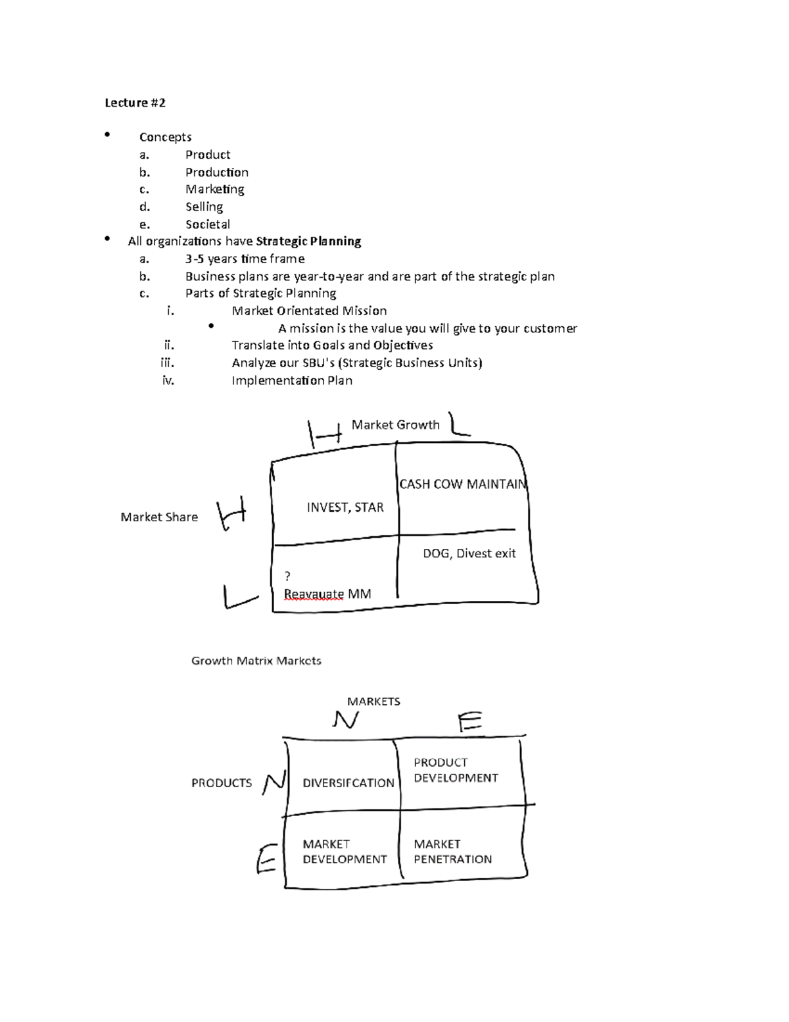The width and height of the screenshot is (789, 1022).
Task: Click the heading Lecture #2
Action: coord(135,103)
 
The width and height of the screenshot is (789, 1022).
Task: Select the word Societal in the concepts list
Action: coord(207,224)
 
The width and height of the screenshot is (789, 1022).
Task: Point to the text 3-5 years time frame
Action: coord(245,259)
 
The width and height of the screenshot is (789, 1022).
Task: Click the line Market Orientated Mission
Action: coord(309,311)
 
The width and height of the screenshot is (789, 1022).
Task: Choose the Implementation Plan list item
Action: coord(292,380)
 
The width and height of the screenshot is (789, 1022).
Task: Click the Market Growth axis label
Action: coord(395,425)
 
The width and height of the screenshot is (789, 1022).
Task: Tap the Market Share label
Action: coord(159,517)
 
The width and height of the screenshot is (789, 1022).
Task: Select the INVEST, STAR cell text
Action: coord(345,507)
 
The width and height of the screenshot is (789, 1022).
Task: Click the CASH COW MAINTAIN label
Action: coord(463,484)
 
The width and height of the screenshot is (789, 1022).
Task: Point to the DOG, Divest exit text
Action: coord(469,553)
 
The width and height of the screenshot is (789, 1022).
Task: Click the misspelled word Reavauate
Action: coord(314,594)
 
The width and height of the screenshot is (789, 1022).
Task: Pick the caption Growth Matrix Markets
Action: coord(256,661)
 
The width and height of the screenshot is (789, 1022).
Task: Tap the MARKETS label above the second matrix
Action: coord(373,702)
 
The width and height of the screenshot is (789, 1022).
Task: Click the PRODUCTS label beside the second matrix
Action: coord(222,783)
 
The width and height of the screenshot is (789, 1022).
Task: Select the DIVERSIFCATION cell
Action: coord(348,783)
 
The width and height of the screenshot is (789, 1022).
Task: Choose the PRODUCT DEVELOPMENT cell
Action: coord(456,770)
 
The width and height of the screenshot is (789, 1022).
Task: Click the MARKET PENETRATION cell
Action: coord(452,852)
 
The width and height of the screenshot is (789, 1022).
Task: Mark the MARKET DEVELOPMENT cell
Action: coord(345,852)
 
